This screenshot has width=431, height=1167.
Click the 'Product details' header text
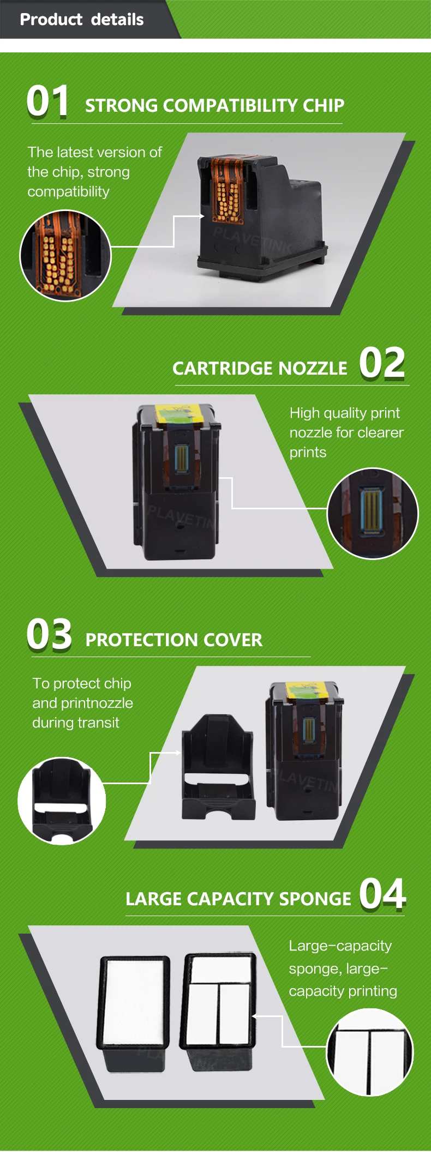(x=82, y=20)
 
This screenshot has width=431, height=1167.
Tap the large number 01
(x=48, y=101)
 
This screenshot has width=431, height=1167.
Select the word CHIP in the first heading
(x=324, y=105)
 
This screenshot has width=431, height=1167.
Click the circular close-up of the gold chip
(x=65, y=255)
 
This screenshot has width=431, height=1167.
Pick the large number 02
(x=382, y=363)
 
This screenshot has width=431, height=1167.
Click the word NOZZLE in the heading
(x=313, y=369)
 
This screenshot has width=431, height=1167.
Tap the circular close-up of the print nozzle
(x=373, y=514)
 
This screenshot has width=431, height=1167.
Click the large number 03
(x=49, y=634)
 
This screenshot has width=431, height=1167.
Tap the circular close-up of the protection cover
(x=62, y=801)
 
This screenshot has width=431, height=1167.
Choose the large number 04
(x=382, y=894)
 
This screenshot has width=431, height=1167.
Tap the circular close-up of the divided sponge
(x=370, y=1052)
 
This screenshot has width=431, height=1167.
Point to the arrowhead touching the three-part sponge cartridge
(x=255, y=1016)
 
